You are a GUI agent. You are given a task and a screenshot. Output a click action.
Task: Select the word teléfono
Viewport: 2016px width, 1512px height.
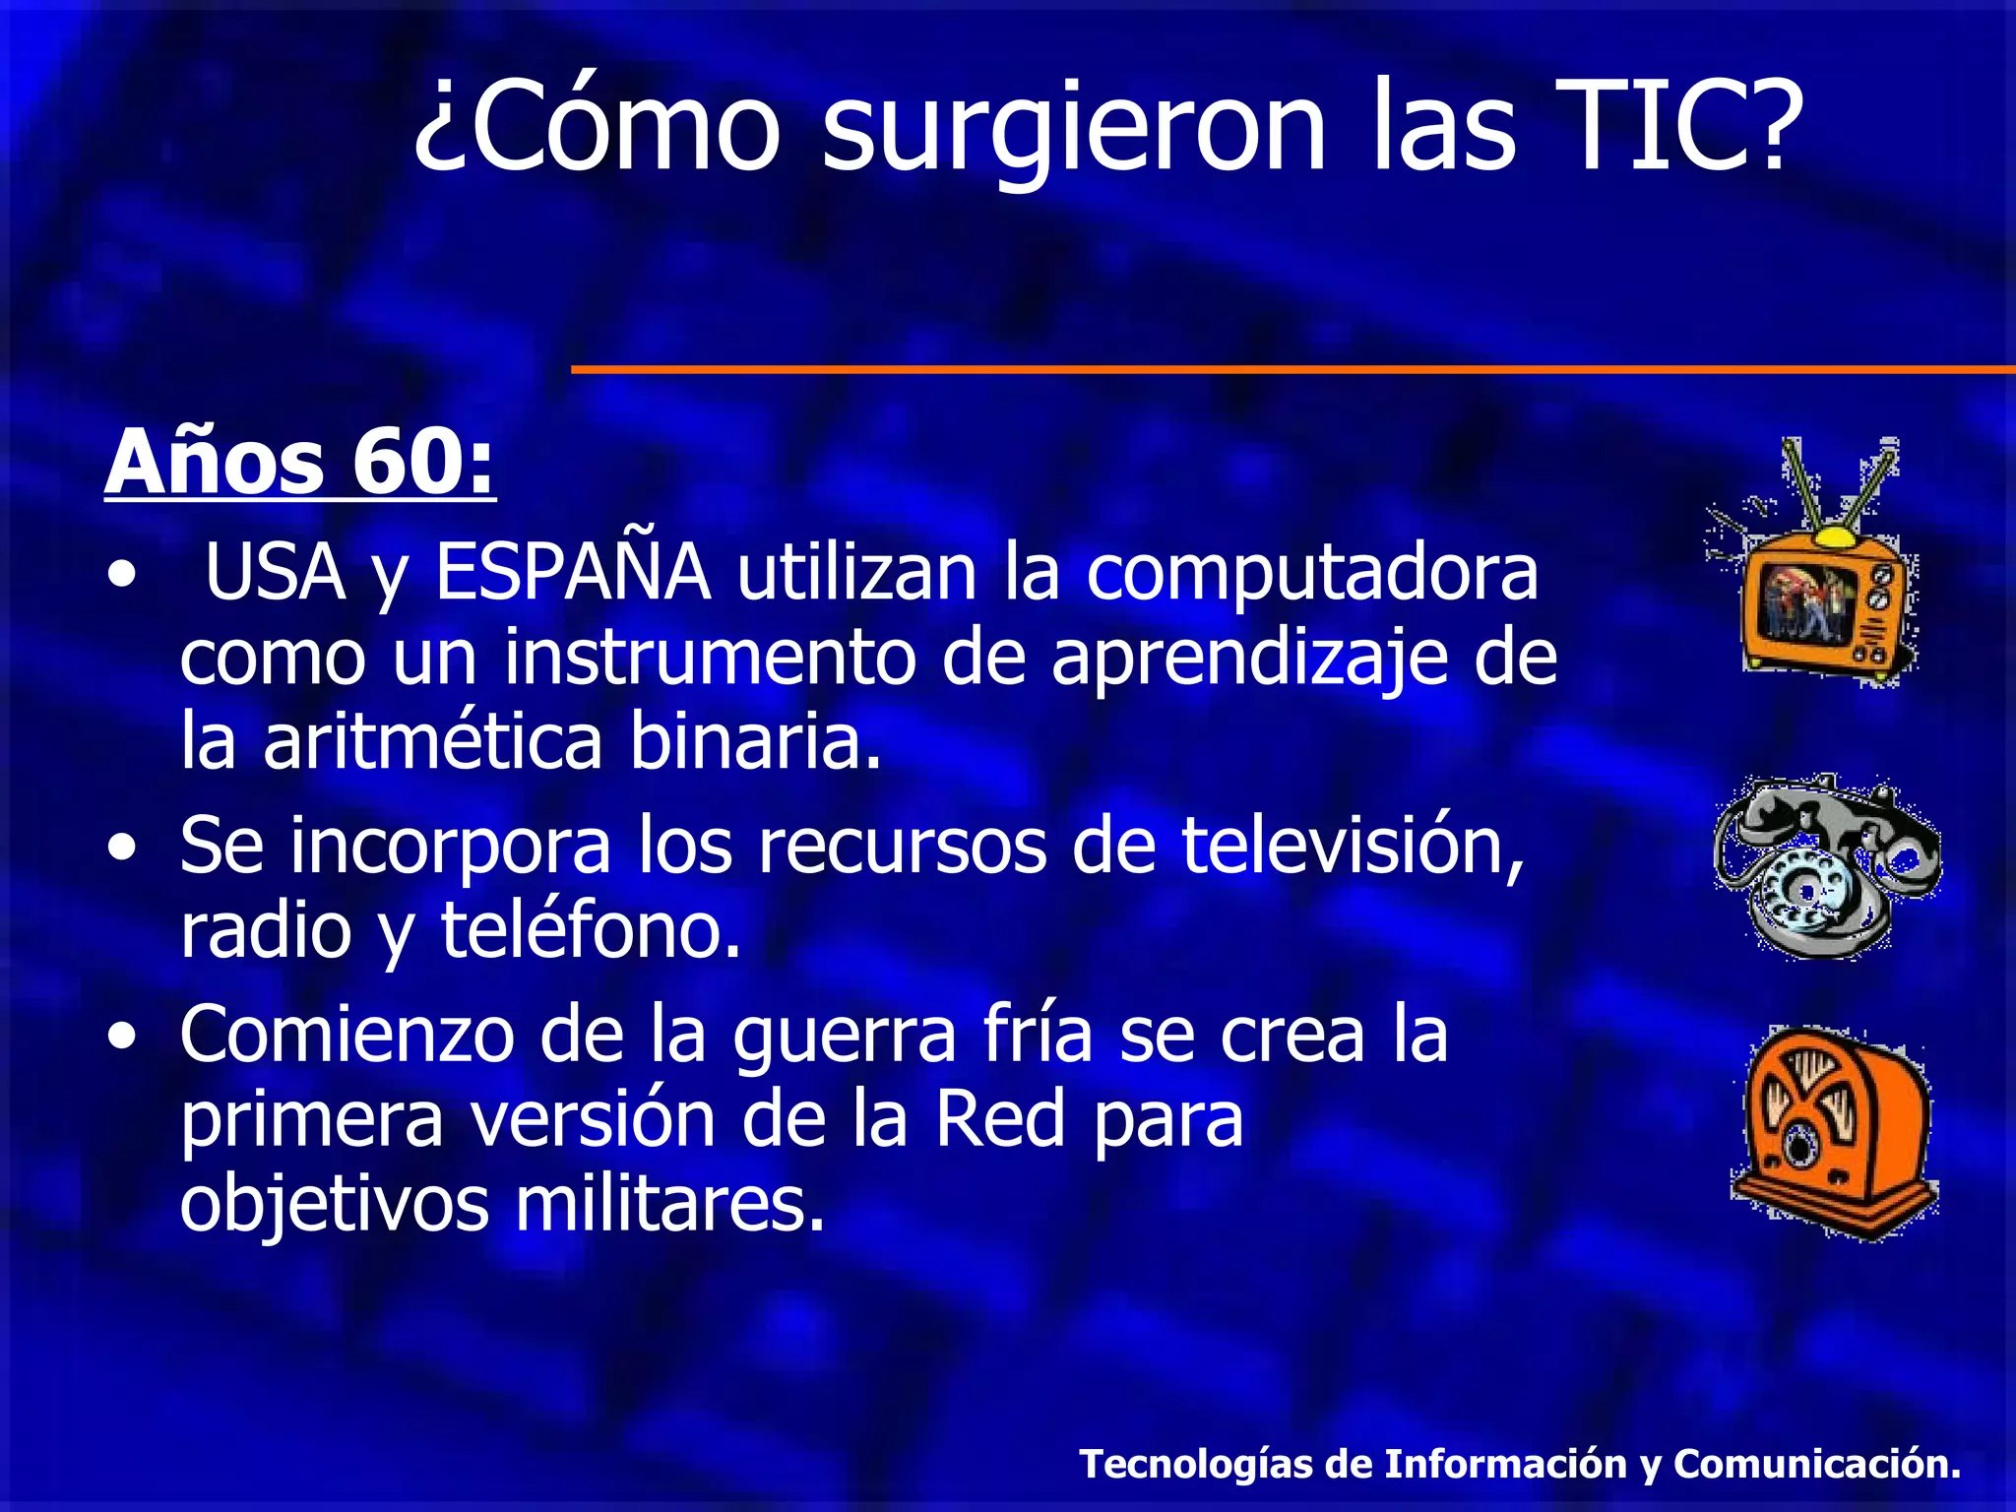pyautogui.click(x=590, y=929)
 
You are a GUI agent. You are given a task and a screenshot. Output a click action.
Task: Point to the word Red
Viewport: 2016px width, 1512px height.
pyautogui.click(x=999, y=1120)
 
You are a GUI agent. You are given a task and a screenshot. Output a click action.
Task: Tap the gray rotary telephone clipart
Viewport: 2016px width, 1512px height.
pyautogui.click(x=1826, y=866)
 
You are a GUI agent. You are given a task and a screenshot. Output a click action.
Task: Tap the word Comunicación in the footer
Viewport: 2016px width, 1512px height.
pyautogui.click(x=1816, y=1464)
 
